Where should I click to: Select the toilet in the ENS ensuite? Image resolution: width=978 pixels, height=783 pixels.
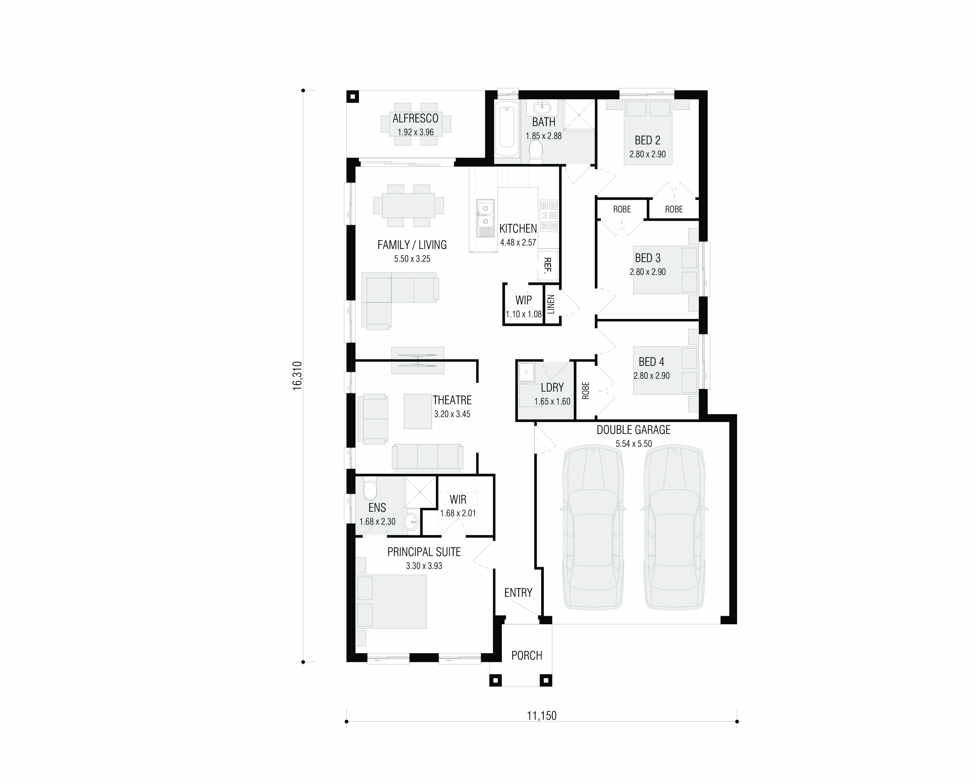tap(370, 488)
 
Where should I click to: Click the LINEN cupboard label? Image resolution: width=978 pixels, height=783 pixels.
tap(551, 304)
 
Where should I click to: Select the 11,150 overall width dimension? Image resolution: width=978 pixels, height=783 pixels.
tap(542, 716)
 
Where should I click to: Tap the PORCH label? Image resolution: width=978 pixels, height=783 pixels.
tap(527, 655)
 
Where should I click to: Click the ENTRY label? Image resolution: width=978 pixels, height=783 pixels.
tap(518, 593)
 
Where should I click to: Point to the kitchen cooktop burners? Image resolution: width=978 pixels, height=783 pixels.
tap(548, 215)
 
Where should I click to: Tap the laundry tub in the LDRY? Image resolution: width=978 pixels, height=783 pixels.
tap(526, 373)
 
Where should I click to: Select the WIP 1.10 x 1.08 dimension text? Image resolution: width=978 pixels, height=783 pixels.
tap(524, 314)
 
